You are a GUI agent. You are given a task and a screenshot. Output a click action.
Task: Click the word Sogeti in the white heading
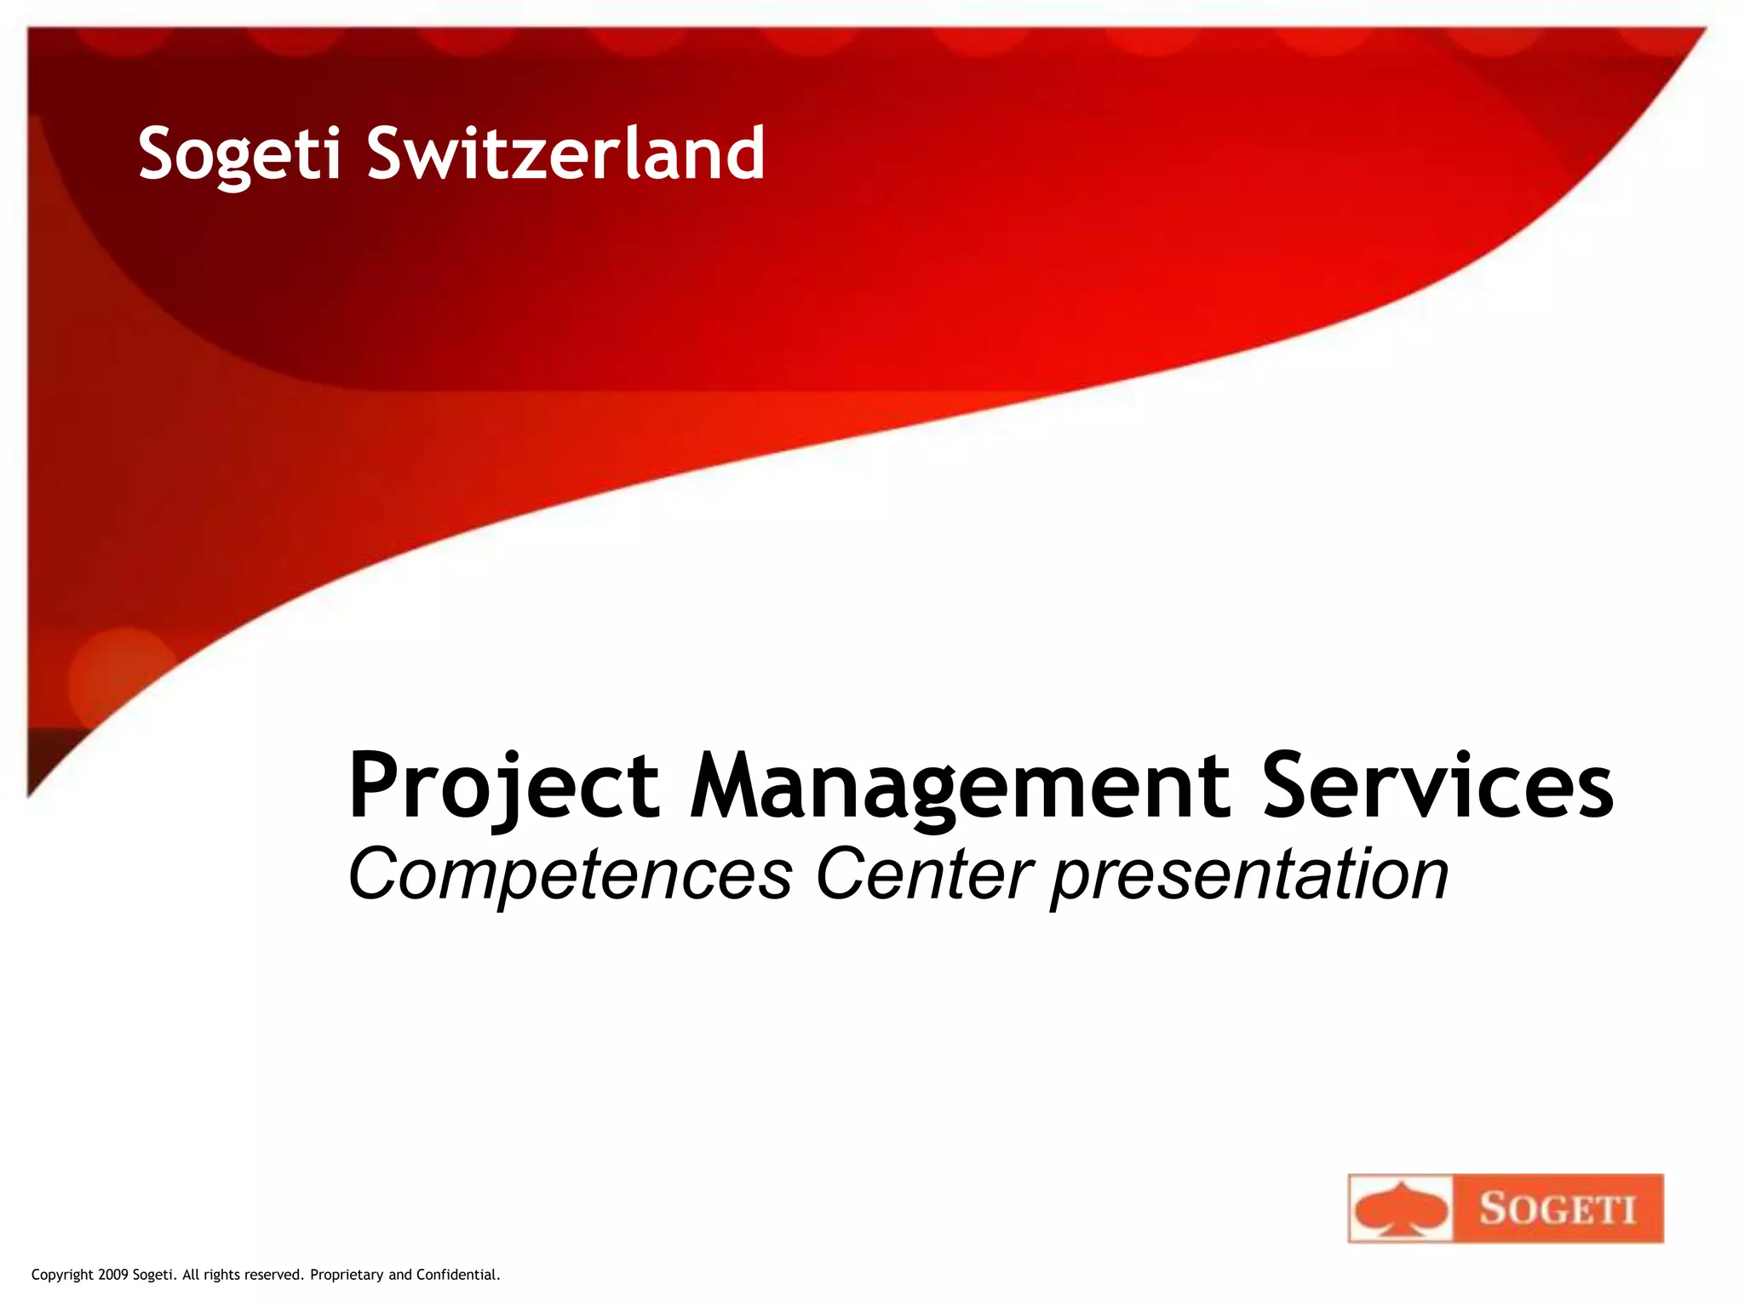239,154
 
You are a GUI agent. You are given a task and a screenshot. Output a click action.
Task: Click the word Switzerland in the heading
565,154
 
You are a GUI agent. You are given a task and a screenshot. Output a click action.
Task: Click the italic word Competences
570,875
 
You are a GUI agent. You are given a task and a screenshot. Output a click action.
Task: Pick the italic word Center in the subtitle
924,875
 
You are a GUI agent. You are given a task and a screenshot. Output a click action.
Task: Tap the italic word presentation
1249,877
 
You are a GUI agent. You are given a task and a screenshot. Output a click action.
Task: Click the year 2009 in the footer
113,1275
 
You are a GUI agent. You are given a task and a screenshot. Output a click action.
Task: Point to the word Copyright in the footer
62,1275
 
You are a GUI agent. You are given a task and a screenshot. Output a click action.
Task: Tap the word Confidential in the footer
457,1275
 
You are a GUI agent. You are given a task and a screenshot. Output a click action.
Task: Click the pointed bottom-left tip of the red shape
30,794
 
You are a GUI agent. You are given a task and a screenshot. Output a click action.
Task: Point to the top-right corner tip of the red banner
1704,31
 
